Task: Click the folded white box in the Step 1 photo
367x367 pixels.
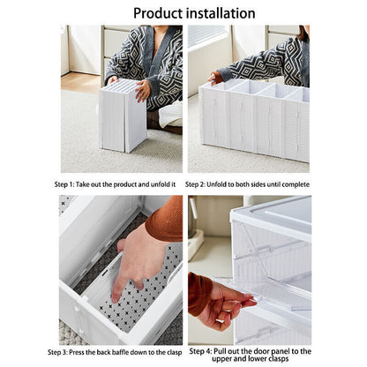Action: (123, 115)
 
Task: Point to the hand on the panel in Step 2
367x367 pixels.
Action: (215, 78)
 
